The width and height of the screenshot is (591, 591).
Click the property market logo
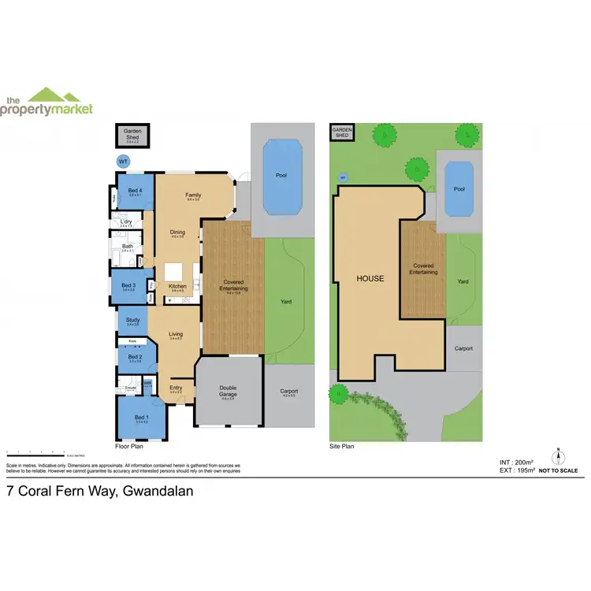coord(47,103)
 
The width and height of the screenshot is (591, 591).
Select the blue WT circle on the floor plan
coord(122,162)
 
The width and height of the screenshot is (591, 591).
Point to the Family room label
coord(192,195)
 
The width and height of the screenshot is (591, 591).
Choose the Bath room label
coord(127,247)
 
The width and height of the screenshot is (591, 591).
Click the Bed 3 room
coord(129,288)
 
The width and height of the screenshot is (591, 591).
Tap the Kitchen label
coord(177,285)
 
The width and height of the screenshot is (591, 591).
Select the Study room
coord(132,320)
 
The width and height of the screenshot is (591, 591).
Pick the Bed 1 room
coord(140,418)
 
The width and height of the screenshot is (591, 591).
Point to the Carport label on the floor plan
coord(288,392)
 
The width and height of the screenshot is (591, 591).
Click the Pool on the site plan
coord(459,190)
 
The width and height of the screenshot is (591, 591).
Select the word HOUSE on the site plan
coord(370,278)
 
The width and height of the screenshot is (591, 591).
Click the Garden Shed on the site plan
coord(341,132)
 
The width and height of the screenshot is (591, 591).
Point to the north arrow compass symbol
coord(559,456)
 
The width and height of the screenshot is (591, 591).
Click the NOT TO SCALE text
coord(559,470)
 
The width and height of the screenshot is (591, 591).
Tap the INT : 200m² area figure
coord(517,462)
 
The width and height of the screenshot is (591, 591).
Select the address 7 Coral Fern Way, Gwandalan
coord(99,490)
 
